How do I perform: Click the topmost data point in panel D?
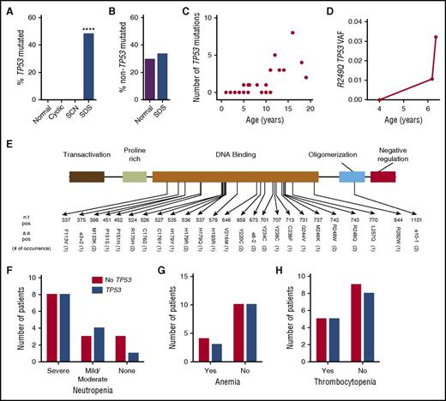click(x=437, y=38)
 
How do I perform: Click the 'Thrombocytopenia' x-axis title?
click(x=377, y=393)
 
